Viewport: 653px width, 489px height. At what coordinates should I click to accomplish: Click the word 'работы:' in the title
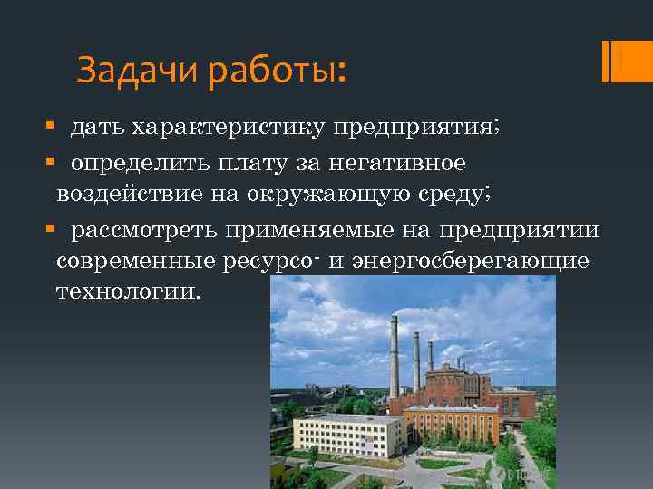pyautogui.click(x=277, y=70)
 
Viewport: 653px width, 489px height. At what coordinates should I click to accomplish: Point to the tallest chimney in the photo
pyautogui.click(x=395, y=353)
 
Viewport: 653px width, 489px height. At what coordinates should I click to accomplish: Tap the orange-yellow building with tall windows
pyautogui.click(x=451, y=425)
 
